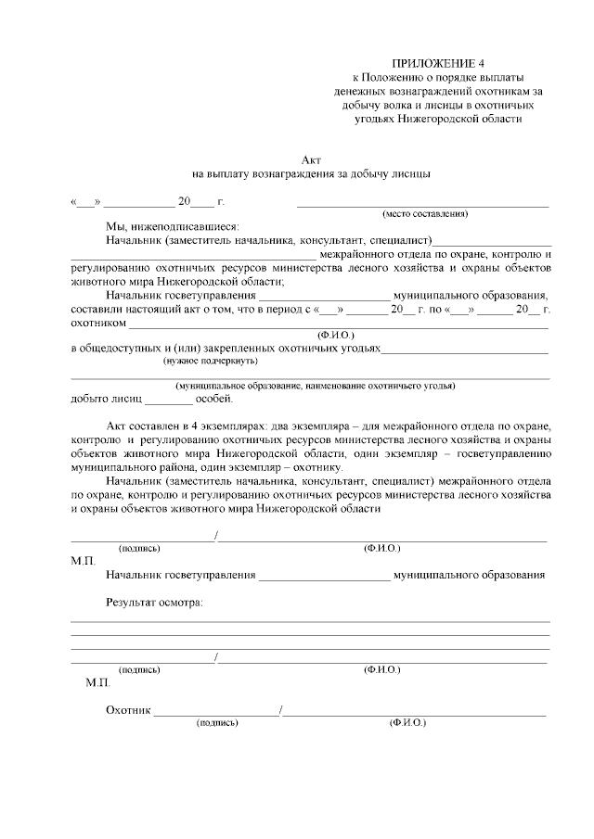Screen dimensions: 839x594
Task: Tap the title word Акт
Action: pos(311,159)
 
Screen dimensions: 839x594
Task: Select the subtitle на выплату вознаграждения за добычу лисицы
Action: pos(311,172)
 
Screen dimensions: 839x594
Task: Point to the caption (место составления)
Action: pos(425,213)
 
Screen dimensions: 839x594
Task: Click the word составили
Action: pos(97,310)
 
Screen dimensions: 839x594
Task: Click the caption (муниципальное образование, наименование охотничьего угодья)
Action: pos(316,386)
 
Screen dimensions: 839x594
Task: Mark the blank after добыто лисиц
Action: pos(169,400)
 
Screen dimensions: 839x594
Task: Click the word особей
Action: pos(215,400)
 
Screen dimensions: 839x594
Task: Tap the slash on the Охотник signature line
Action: pos(281,711)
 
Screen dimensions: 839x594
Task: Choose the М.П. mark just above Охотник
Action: pos(97,682)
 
